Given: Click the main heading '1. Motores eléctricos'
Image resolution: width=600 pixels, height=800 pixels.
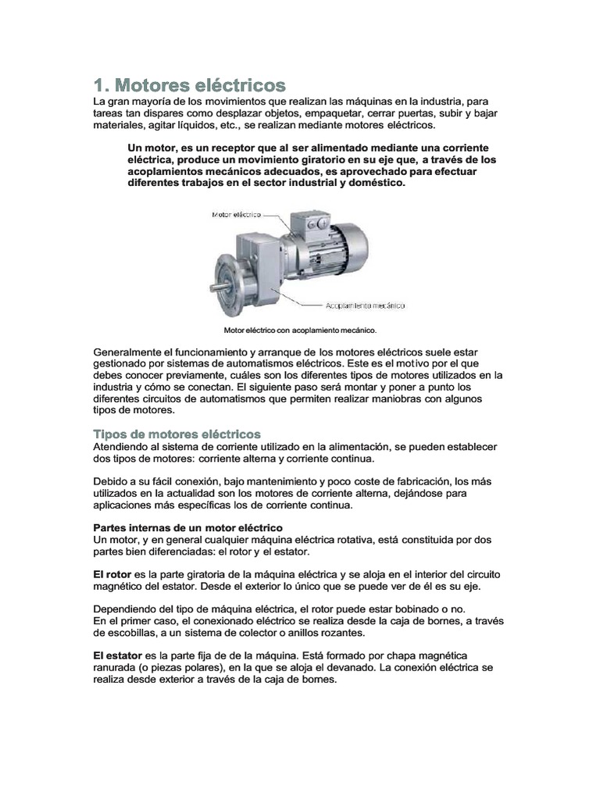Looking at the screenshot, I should pos(189,84).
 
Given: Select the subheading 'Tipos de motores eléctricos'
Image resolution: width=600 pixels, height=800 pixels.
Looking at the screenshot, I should pos(177,434).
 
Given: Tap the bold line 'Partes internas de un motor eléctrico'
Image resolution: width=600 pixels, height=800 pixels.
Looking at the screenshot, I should pos(187,528).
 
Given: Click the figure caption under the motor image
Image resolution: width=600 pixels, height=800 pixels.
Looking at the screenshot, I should pos(300,329).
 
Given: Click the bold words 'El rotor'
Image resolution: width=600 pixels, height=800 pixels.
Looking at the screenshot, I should pos(112,573).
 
